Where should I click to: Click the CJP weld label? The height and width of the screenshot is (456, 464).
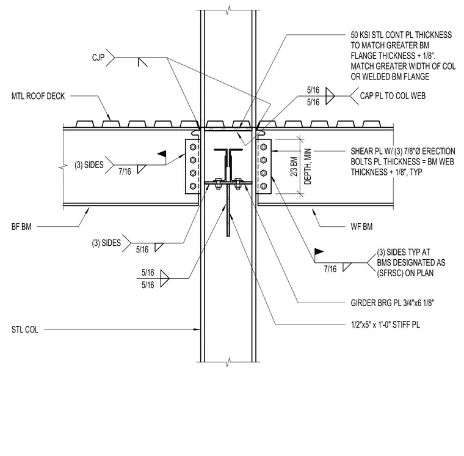point(98,57)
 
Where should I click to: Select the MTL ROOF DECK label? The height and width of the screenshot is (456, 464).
point(38,96)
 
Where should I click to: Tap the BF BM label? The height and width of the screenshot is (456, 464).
point(21,227)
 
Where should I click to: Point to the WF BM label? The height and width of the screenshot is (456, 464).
point(361,227)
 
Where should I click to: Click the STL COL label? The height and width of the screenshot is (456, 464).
point(25,329)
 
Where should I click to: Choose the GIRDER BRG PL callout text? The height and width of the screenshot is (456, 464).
point(393,303)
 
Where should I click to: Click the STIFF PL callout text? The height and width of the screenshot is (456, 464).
point(385,325)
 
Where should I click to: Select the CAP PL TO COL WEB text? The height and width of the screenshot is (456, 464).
point(393,96)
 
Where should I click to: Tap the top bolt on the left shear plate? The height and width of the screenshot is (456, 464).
point(193,147)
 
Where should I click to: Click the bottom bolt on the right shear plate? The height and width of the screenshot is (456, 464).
point(263,186)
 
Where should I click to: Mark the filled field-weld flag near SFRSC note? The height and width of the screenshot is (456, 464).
point(319,252)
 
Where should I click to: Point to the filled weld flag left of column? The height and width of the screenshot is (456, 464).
point(162,154)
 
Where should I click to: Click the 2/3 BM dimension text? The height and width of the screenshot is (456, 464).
point(294,166)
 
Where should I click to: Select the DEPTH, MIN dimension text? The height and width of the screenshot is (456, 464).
point(308,166)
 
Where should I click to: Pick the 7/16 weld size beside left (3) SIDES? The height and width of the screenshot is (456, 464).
point(125,171)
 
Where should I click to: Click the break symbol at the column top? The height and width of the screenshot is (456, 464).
point(228,10)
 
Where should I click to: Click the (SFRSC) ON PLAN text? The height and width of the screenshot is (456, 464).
point(405,273)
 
